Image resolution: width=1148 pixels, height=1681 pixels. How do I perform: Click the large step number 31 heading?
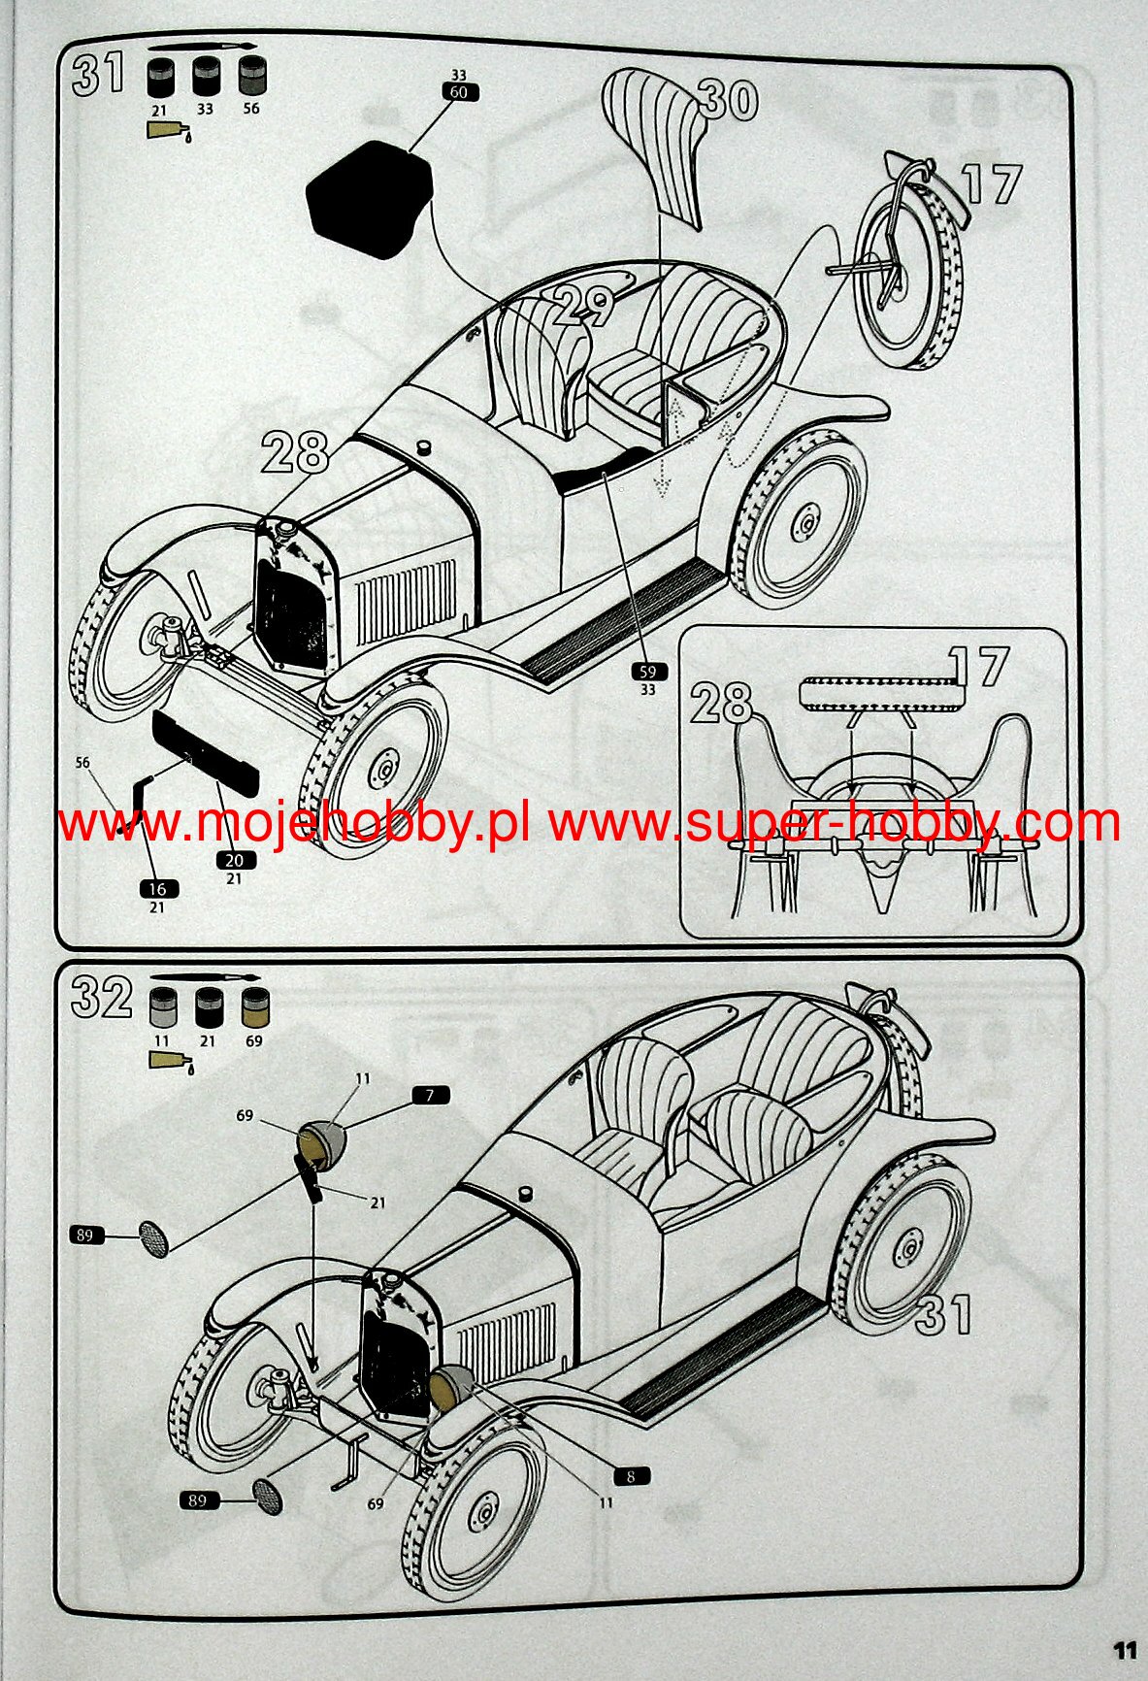click(99, 74)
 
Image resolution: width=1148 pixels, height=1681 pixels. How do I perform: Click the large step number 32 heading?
click(101, 999)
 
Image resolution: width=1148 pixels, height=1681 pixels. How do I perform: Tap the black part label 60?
click(459, 92)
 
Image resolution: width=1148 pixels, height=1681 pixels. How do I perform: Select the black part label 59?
click(648, 672)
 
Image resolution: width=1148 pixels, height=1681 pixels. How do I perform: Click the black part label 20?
click(234, 861)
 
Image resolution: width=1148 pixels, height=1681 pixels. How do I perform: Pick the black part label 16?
click(157, 889)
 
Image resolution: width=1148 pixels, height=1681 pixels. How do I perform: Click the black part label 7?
click(430, 1095)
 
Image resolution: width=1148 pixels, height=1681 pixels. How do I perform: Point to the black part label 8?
click(631, 1476)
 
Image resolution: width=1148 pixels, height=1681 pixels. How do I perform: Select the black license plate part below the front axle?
click(206, 751)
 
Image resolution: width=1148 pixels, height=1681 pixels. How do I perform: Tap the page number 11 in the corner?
click(1124, 1651)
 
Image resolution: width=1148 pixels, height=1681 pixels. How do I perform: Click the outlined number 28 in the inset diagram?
click(721, 702)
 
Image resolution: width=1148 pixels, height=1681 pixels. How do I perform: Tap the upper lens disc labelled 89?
click(153, 1238)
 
